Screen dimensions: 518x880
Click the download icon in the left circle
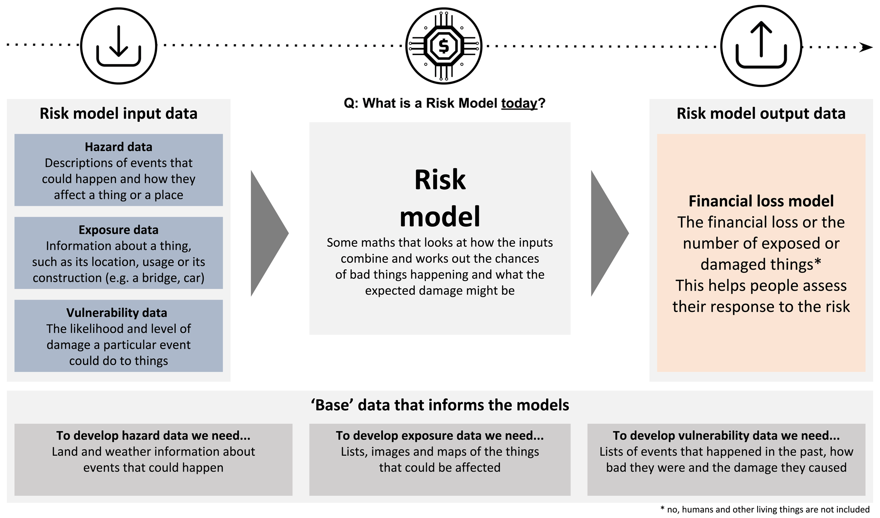click(119, 46)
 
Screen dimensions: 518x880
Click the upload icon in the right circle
click(761, 46)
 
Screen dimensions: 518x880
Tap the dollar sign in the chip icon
click(443, 46)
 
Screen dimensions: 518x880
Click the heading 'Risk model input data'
click(119, 113)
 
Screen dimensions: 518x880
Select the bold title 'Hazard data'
click(119, 147)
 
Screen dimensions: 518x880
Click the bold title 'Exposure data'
click(119, 230)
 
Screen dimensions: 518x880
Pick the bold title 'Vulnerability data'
click(117, 313)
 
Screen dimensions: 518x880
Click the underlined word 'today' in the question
click(519, 103)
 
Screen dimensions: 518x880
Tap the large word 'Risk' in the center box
click(440, 180)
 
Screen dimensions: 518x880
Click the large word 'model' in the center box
click(440, 217)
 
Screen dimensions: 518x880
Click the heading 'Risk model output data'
click(761, 113)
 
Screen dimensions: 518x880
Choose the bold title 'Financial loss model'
click(761, 201)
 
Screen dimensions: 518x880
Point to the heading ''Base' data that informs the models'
click(440, 405)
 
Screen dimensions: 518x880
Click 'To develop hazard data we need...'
click(153, 436)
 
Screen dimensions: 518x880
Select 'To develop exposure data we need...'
click(440, 436)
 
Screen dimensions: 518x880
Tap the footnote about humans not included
click(765, 510)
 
